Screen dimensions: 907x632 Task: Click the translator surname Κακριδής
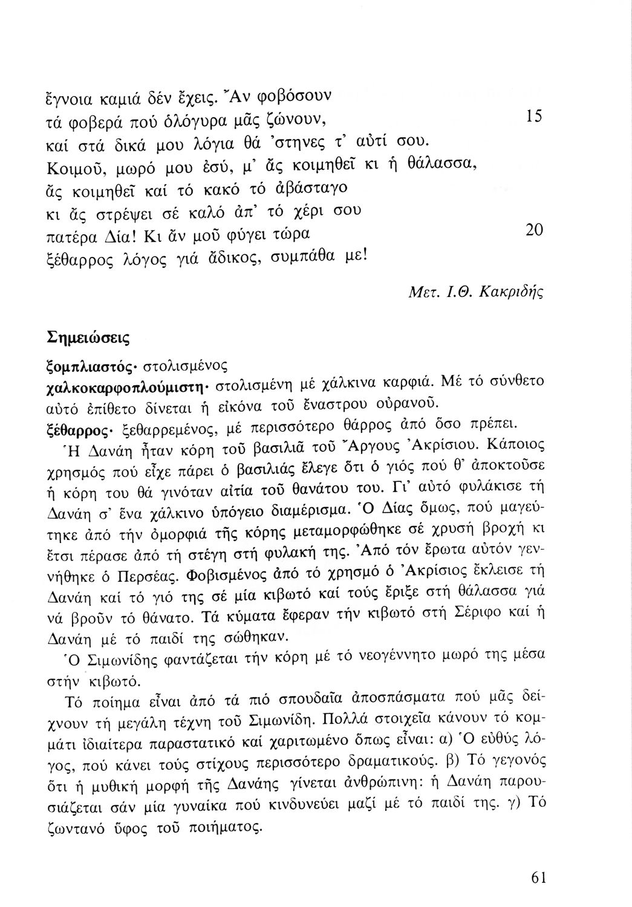point(511,293)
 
